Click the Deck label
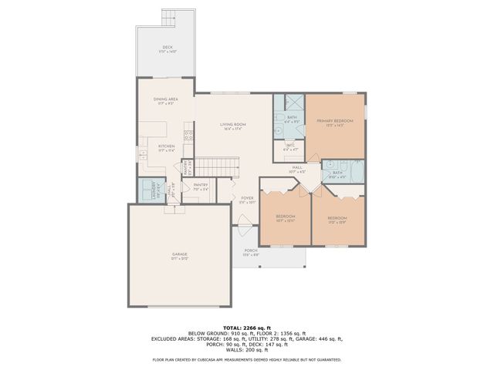coord(167,49)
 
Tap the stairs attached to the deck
coord(169,17)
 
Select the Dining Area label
coord(167,99)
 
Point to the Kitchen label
coord(167,146)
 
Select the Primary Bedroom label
coord(334,122)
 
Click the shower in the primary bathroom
coord(294,103)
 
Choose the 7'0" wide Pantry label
coord(201,185)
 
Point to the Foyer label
coord(247,199)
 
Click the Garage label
coord(179,254)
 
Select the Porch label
coord(251,251)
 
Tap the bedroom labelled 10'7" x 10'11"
coord(286,218)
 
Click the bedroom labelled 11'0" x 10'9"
coord(337,219)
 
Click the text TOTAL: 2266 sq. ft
coord(246,328)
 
